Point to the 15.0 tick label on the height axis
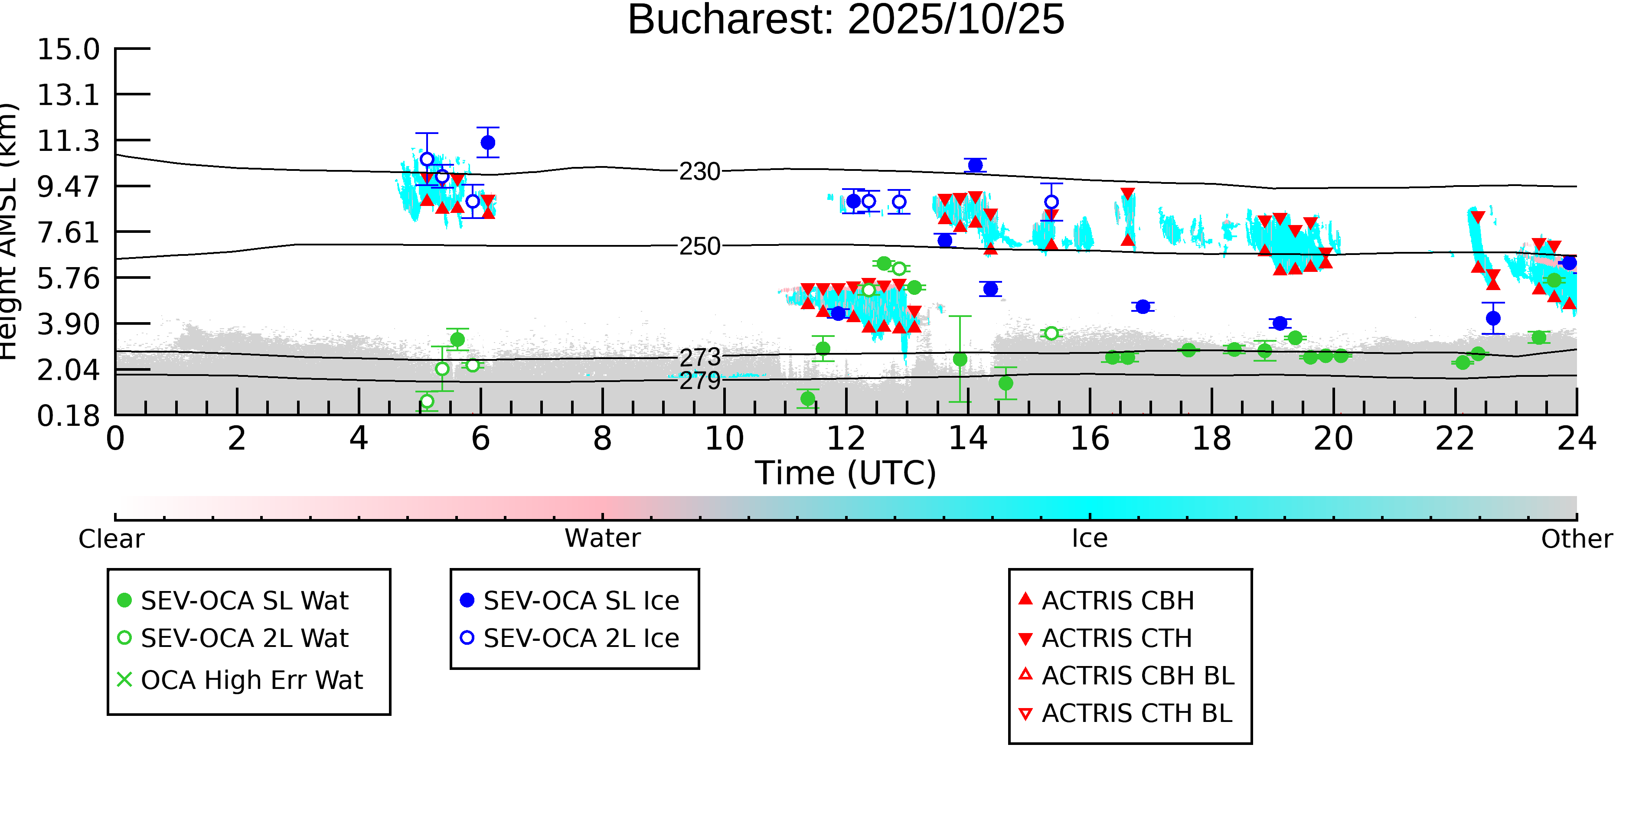[x=68, y=49]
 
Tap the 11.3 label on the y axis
[x=68, y=141]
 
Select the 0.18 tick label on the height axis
[x=68, y=416]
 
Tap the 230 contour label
[x=699, y=172]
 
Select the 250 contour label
[x=699, y=246]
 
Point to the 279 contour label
[x=699, y=381]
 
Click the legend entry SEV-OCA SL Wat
[x=244, y=600]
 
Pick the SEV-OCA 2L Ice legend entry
[x=581, y=638]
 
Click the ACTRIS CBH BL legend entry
[x=1137, y=676]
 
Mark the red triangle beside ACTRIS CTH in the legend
[x=1026, y=639]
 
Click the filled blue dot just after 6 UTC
[x=488, y=143]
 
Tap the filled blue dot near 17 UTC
[x=1143, y=307]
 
